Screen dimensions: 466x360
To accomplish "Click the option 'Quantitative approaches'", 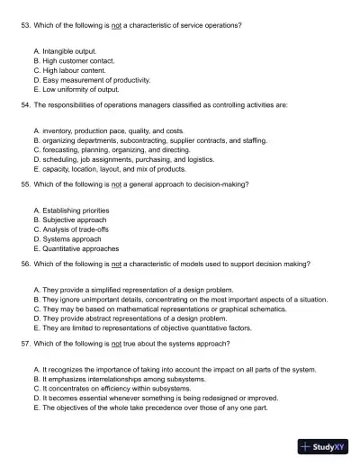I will [79, 247].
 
